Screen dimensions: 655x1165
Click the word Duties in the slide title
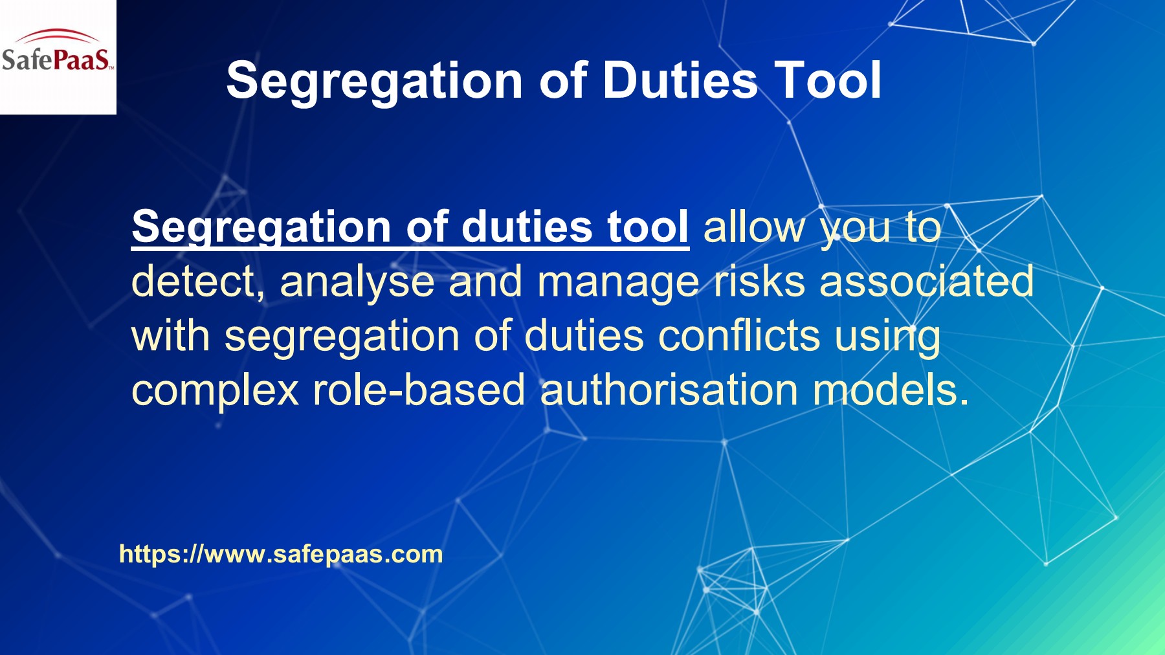click(680, 80)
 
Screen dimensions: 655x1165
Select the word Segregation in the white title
click(375, 82)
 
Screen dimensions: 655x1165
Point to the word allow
click(754, 228)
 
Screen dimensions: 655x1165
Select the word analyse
click(357, 282)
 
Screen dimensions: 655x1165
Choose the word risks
click(759, 282)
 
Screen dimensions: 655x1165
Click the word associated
click(926, 282)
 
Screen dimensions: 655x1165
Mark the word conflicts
click(738, 337)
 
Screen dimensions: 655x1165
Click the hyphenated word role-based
click(419, 391)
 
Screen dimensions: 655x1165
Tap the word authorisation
click(669, 391)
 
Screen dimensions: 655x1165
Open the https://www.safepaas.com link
click(281, 554)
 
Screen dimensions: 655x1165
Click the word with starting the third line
click(170, 337)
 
